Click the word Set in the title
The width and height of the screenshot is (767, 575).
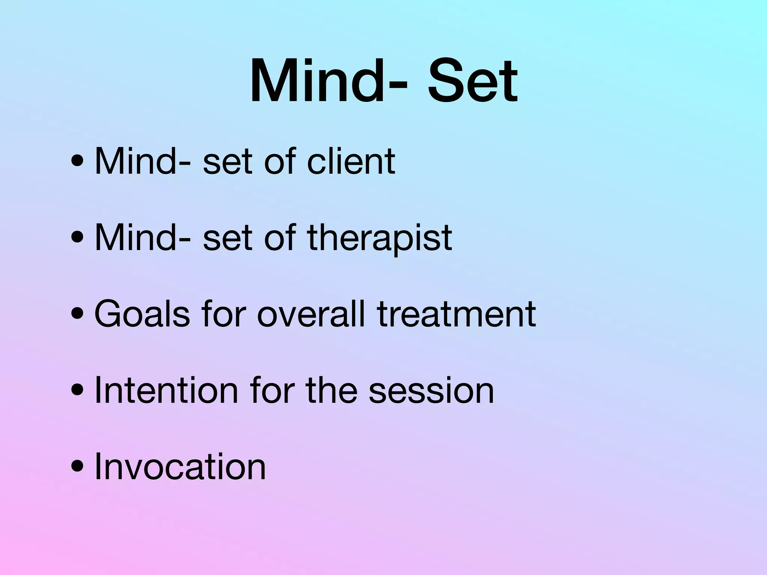[x=473, y=82]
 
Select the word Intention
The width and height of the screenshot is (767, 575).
[x=166, y=390]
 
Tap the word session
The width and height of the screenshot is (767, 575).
[x=431, y=390]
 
